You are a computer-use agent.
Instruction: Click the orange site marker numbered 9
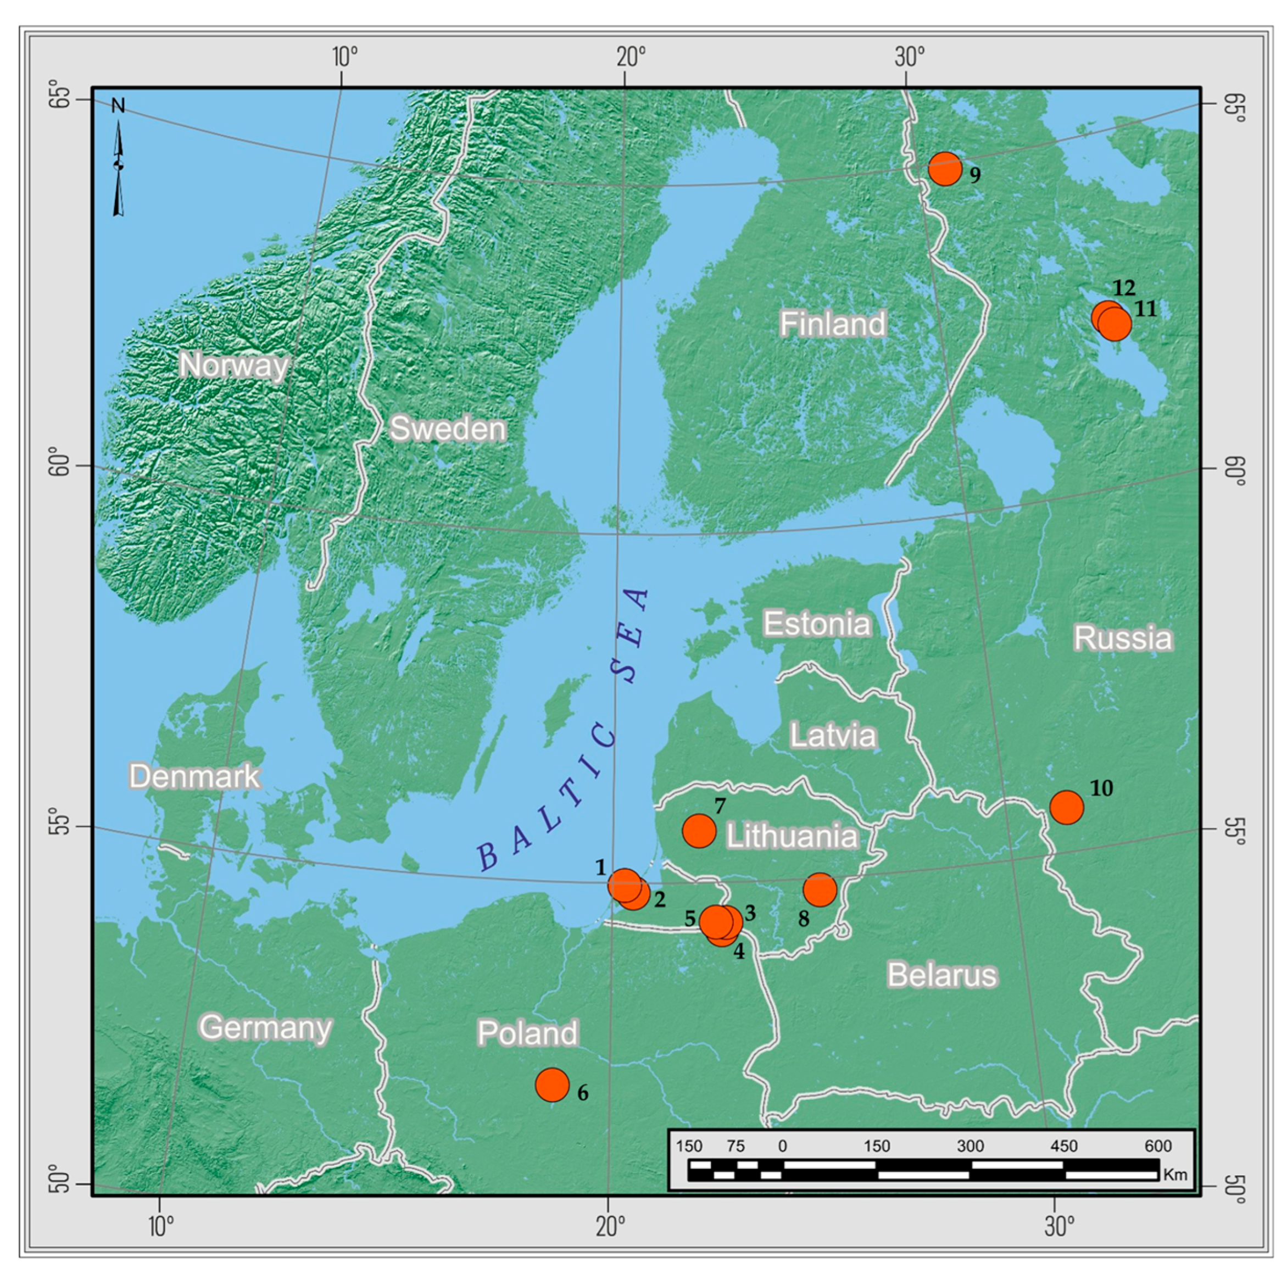coord(945,169)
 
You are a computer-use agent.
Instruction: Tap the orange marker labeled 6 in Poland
coord(552,1085)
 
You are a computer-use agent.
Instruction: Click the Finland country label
coord(833,324)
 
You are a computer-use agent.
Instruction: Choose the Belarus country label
coord(942,975)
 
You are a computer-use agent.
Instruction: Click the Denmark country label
coord(194,776)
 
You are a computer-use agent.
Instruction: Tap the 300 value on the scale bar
coord(971,1147)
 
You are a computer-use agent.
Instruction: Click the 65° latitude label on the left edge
coord(62,98)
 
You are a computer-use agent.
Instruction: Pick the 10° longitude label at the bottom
coord(160,1226)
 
